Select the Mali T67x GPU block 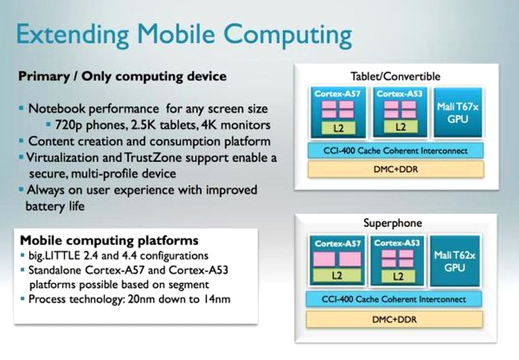point(458,112)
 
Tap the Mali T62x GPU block point(455,261)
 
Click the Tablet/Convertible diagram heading point(396,77)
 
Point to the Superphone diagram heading point(392,223)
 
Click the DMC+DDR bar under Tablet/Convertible point(396,169)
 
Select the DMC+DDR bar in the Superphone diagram point(394,320)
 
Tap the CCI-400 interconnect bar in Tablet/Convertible point(396,151)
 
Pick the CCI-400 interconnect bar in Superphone point(394,299)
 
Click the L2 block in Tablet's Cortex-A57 point(338,128)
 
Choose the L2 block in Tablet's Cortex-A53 point(401,127)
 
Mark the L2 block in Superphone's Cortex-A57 point(337,276)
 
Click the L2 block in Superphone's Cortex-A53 point(397,276)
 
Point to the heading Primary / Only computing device point(122,77)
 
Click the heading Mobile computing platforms point(109,240)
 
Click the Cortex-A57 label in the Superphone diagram point(337,244)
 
